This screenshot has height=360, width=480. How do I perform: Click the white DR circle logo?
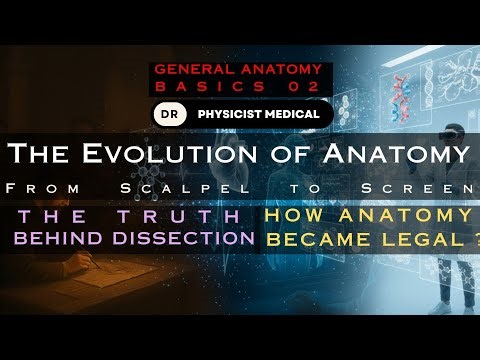tap(166, 114)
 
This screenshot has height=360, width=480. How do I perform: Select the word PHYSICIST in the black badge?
tap(234, 114)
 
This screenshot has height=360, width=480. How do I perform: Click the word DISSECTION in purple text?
tap(197, 238)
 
